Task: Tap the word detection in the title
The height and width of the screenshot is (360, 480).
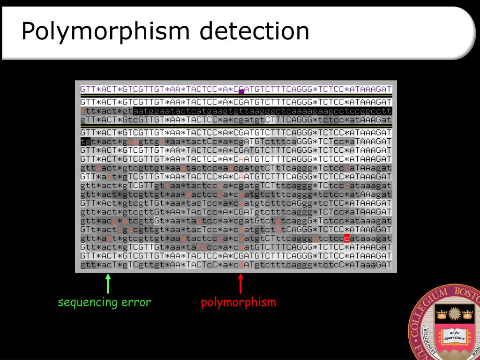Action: tap(254, 32)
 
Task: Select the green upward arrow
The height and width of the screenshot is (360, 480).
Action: tap(108, 284)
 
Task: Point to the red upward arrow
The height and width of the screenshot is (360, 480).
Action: tap(241, 284)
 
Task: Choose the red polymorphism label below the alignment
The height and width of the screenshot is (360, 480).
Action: tap(239, 302)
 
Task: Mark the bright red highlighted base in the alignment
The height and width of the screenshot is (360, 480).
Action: tap(347, 239)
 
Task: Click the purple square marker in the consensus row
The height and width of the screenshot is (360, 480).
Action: tap(241, 91)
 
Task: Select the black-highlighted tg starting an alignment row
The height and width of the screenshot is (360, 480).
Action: tap(85, 141)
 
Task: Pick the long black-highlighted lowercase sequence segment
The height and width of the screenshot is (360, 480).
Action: tap(262, 111)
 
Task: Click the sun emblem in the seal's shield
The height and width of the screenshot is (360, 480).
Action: tap(454, 313)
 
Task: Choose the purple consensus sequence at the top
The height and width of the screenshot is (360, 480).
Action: tap(236, 89)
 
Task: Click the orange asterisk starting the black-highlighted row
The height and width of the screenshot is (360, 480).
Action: tap(83, 111)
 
